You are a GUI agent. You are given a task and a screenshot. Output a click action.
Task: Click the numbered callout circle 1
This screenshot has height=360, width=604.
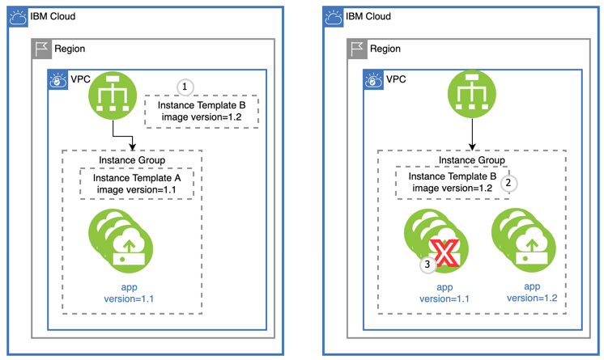[185, 87]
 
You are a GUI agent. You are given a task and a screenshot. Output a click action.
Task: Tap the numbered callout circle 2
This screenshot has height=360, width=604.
[508, 183]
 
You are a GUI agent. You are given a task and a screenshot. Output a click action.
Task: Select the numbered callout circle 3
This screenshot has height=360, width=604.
[427, 264]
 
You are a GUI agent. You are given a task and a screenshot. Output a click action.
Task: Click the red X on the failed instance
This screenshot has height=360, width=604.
[444, 253]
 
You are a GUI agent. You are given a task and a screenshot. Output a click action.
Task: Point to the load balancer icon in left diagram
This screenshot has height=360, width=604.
[113, 95]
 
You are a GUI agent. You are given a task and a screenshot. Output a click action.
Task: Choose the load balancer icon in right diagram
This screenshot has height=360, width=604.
[471, 95]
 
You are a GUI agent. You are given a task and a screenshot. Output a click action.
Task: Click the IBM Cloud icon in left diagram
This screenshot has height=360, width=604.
[18, 17]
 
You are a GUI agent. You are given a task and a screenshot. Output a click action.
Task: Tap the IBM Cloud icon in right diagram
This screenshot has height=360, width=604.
[333, 17]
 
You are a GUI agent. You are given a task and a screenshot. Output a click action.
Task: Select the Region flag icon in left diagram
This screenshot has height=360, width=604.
[41, 49]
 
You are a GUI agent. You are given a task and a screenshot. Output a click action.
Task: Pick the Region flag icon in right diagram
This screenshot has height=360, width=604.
[357, 49]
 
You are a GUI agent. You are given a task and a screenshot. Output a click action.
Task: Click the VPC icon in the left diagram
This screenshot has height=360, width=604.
[57, 79]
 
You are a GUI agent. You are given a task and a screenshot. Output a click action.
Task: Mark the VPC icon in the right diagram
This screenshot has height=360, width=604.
[373, 79]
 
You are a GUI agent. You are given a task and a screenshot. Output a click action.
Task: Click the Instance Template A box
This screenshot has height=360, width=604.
[136, 184]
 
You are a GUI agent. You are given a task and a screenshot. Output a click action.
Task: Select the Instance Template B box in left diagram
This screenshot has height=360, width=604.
[201, 112]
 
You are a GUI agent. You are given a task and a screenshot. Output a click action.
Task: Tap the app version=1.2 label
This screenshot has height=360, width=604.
[531, 293]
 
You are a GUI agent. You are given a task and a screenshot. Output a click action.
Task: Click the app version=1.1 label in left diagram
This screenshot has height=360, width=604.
[129, 293]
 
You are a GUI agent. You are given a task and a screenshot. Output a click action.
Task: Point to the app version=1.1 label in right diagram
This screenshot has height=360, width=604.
[444, 293]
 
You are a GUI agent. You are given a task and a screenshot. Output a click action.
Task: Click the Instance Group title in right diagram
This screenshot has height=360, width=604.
[471, 160]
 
